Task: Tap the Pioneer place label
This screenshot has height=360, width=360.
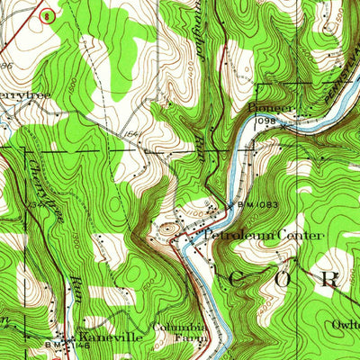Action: click(264, 106)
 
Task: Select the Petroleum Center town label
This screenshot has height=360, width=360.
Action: click(262, 235)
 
